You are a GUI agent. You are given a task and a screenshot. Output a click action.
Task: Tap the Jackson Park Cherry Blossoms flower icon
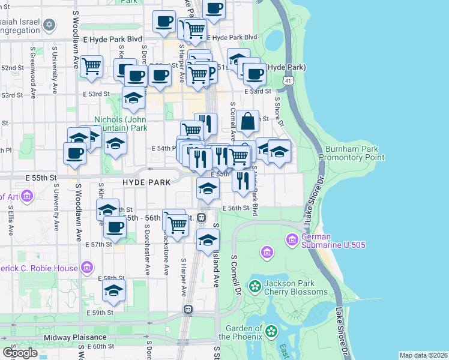point(256,286)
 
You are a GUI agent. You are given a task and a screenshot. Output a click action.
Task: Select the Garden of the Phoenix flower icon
point(271,331)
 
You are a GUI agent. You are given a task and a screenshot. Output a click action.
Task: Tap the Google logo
point(20,352)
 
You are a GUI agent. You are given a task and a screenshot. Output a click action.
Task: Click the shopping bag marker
point(247,122)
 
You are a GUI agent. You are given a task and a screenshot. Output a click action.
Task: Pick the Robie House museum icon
point(87,268)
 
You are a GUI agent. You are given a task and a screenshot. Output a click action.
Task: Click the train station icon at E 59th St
point(188,309)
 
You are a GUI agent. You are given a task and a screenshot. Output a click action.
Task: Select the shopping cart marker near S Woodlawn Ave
point(91,67)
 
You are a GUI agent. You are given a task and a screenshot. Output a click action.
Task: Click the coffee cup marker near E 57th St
point(115,227)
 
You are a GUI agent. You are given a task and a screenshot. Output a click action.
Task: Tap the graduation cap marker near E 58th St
point(113,291)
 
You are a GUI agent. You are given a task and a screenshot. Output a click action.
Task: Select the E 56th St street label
point(235,208)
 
